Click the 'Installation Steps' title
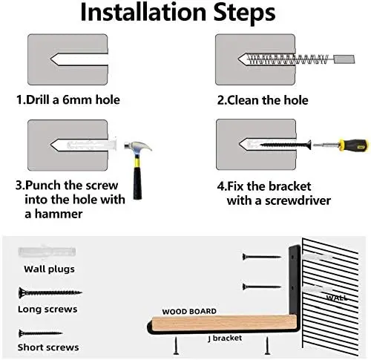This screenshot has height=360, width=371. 178,13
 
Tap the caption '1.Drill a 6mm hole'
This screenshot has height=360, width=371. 68,99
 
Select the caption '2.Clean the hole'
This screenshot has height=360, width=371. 263,100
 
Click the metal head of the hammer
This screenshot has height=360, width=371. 138,148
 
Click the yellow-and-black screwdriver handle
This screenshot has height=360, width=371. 353,145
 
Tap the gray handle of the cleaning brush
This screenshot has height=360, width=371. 344,59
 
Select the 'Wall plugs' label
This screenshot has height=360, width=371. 49,269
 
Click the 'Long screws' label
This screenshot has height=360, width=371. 47,309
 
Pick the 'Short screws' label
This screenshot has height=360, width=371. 48,347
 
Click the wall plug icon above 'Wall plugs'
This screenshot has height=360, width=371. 47,252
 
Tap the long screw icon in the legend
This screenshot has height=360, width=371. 50,292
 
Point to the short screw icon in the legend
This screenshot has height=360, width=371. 41,333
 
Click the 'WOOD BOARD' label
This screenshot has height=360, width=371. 189,311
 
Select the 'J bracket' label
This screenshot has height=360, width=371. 225,338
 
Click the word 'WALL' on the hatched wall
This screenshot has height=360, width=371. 337,297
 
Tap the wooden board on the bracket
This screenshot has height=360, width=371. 224,324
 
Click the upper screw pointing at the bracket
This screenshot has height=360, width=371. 262,257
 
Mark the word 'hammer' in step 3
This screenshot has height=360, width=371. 59,214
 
